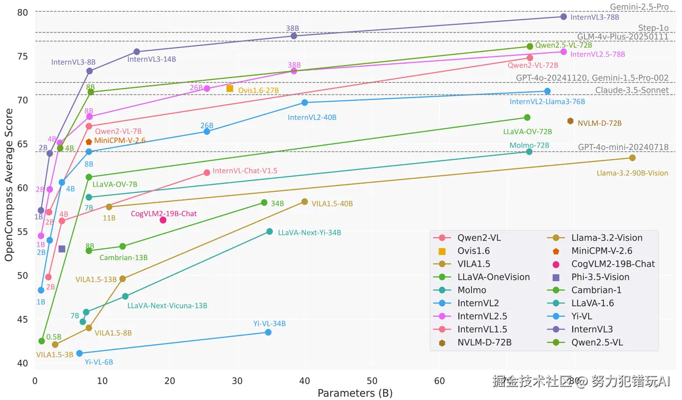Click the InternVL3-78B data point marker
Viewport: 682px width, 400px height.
click(563, 17)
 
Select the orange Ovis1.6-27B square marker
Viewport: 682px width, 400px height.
click(230, 88)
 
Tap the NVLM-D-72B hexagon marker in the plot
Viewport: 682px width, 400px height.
click(570, 121)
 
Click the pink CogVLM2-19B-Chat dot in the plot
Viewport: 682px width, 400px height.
click(163, 220)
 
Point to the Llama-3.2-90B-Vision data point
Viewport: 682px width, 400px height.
click(632, 158)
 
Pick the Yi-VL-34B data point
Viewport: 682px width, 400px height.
click(268, 332)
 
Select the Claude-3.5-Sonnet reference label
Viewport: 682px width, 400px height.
click(632, 91)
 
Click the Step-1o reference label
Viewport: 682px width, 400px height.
click(653, 28)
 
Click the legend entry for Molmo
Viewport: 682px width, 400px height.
click(472, 290)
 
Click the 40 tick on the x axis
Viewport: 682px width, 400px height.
click(305, 381)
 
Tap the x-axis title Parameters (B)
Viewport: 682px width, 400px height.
click(355, 393)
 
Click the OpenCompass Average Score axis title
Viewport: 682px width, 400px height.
click(9, 185)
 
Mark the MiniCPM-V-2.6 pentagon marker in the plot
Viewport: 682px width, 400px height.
click(88, 142)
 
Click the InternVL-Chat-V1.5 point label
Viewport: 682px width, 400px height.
click(245, 171)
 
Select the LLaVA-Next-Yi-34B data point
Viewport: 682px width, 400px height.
click(269, 232)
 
